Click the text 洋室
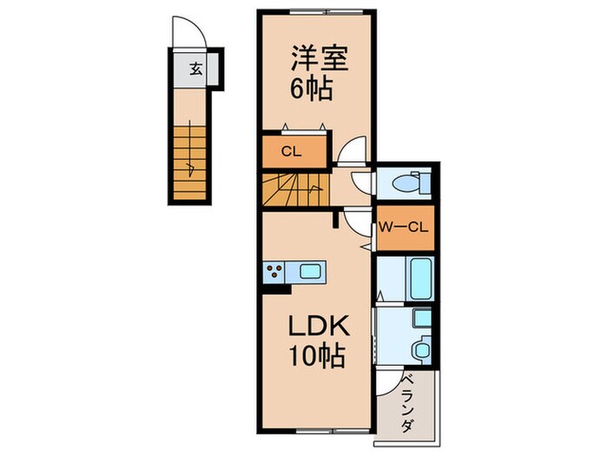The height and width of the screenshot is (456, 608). coord(318,61)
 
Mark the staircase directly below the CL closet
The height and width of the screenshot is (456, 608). coord(297,188)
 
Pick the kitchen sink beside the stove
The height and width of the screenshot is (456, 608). coord(309,272)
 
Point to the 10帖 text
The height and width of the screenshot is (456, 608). coord(316,356)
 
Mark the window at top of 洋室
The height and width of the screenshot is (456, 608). coord(316,11)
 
